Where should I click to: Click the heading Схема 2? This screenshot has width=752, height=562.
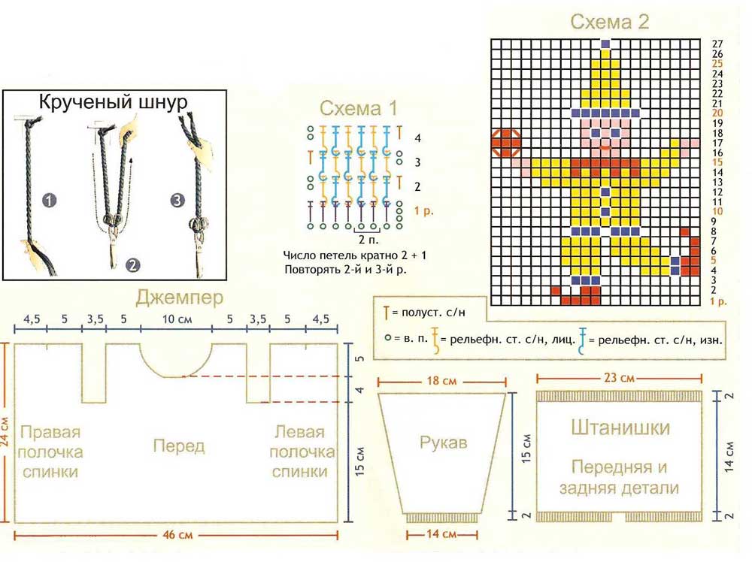609,21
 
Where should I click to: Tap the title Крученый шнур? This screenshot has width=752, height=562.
113,103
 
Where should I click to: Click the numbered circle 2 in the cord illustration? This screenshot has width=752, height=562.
133,264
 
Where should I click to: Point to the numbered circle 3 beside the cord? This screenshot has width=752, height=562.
176,201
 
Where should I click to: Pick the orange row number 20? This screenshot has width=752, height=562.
717,113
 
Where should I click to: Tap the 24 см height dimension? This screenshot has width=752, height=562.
7,432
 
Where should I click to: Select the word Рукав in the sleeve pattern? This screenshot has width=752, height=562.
444,443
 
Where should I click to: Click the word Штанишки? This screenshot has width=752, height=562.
620,428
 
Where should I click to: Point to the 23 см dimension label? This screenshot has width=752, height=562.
621,378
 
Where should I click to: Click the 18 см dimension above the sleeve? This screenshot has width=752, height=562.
442,381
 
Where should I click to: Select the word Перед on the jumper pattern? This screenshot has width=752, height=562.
179,446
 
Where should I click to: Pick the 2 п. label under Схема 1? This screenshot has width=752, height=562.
368,239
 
